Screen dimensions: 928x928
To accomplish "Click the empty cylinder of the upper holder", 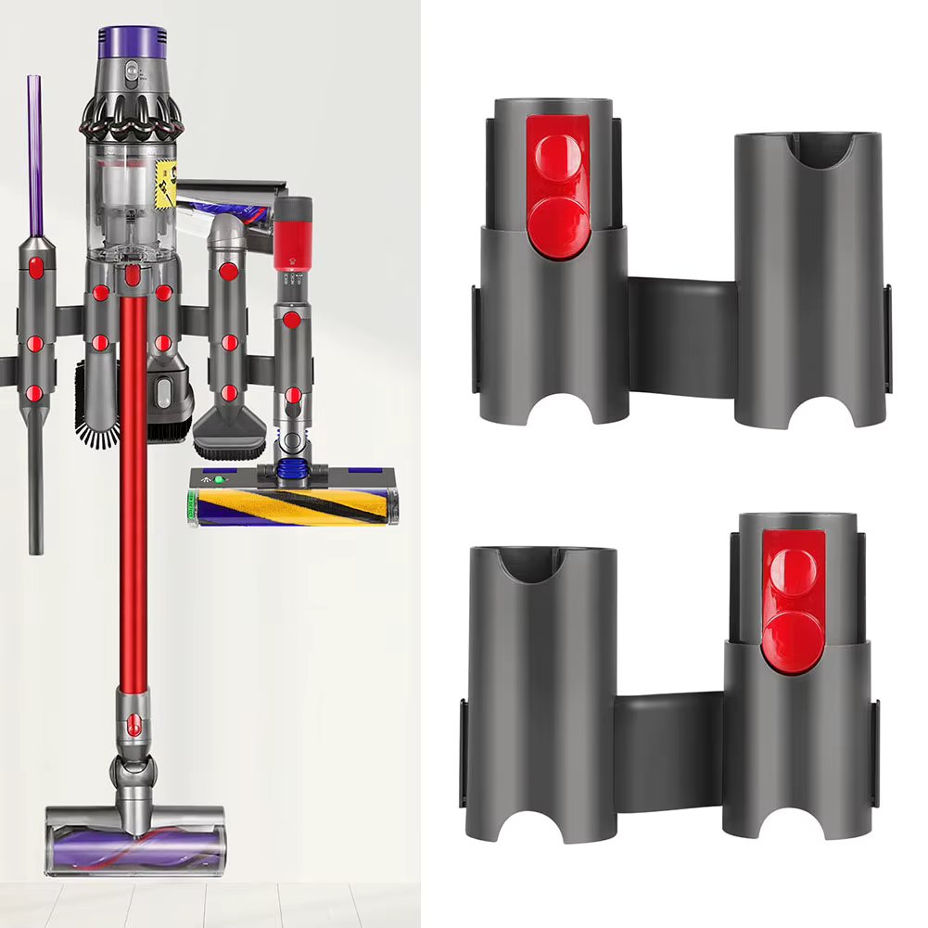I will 807,278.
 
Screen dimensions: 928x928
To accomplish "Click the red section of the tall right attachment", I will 292,232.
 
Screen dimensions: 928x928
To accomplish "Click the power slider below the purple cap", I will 131,71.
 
